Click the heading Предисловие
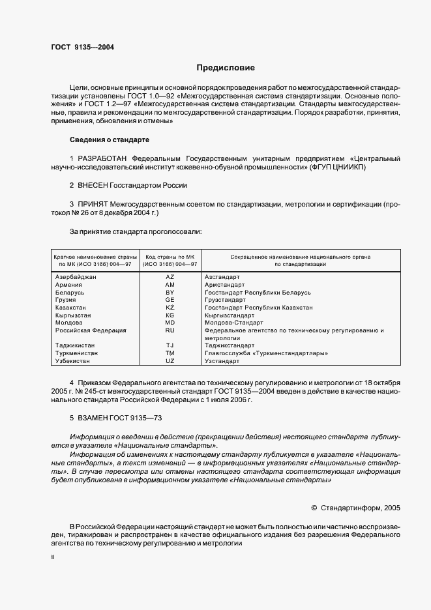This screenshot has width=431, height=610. [226, 68]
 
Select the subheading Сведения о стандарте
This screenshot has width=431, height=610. [110, 140]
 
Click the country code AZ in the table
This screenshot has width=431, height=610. [170, 277]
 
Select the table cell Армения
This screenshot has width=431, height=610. [69, 285]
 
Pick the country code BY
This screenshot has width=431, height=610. [170, 293]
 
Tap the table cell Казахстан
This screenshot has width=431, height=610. [72, 308]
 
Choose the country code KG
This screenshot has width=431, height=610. [170, 315]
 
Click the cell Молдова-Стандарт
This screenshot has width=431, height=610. [233, 323]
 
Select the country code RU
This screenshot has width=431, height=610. [170, 330]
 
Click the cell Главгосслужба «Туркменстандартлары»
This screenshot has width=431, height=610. [266, 353]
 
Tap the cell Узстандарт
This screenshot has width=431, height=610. [222, 360]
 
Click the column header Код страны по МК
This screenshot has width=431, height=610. [170, 257]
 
